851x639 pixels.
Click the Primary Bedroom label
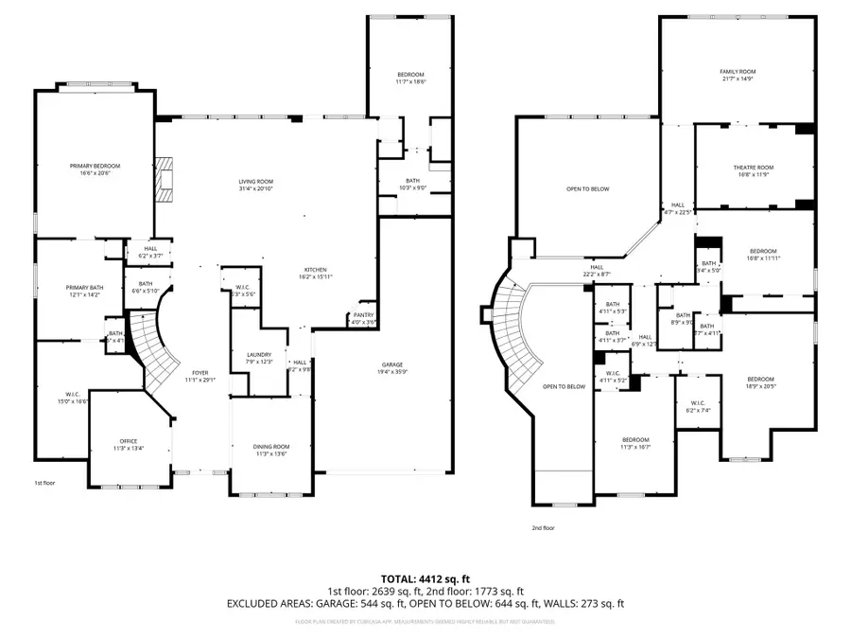(95, 166)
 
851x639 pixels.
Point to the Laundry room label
(259, 354)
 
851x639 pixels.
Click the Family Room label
(738, 71)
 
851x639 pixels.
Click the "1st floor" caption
(46, 483)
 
